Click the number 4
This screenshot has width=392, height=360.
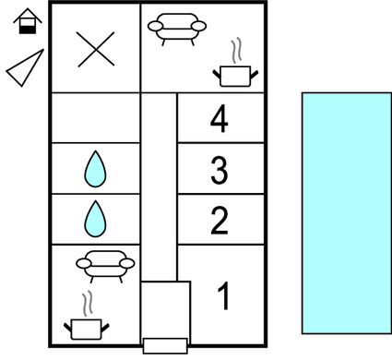[x=219, y=118]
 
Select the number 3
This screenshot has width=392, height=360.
[x=219, y=170]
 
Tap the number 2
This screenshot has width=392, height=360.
[x=219, y=221]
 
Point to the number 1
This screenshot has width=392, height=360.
[x=222, y=297]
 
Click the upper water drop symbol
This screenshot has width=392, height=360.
[x=94, y=169]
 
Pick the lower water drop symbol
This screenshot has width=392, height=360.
[x=94, y=219]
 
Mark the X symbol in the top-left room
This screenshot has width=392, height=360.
[x=94, y=48]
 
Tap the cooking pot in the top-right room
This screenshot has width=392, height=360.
[x=235, y=74]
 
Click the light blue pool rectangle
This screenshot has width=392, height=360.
[x=346, y=212]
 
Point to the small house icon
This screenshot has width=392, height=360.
[x=28, y=21]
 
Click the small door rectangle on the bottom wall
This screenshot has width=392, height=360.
[x=164, y=346]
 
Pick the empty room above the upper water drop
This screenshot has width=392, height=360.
[x=94, y=118]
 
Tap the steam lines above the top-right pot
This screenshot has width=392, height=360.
[x=237, y=49]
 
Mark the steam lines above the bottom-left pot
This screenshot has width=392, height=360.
[x=87, y=303]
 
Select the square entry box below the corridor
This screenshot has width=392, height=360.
[x=165, y=309]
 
